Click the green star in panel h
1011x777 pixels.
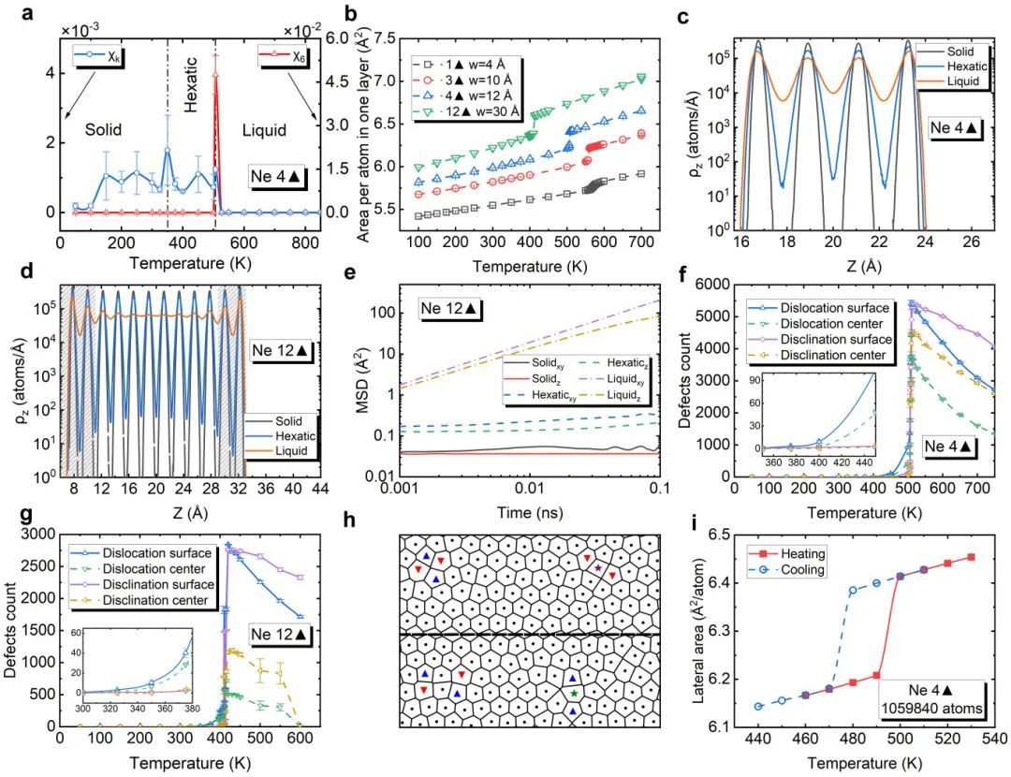[x=573, y=694]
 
